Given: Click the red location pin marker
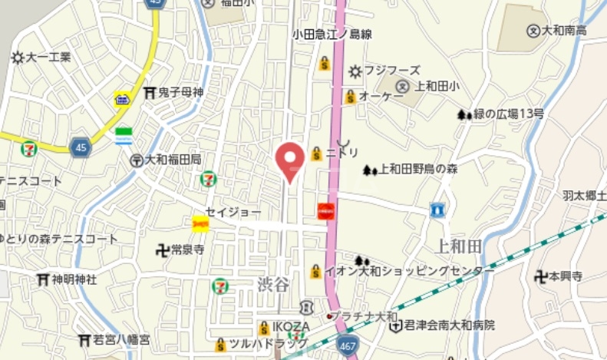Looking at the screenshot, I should pyautogui.click(x=290, y=160).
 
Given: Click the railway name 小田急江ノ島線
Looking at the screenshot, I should pyautogui.click(x=332, y=34).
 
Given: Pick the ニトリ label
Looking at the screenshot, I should pyautogui.click(x=342, y=153).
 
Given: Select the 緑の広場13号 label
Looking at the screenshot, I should pyautogui.click(x=508, y=114).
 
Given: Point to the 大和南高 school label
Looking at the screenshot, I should pyautogui.click(x=564, y=31).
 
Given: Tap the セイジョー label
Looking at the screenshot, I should pyautogui.click(x=233, y=211).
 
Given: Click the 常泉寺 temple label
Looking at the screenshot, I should pyautogui.click(x=187, y=249).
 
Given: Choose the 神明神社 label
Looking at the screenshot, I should pyautogui.click(x=74, y=279).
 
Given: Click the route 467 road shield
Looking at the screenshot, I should pyautogui.click(x=347, y=348).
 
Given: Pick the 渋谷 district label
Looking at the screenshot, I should pyautogui.click(x=274, y=285).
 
